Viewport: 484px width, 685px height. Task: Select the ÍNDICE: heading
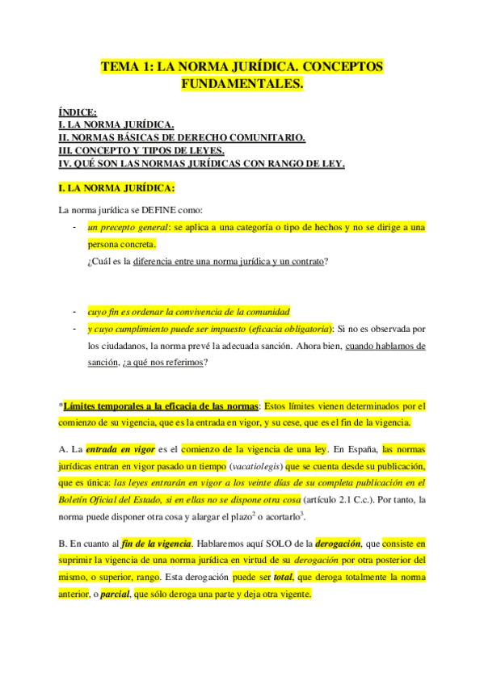click(78, 112)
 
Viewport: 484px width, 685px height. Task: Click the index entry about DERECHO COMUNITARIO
click(182, 137)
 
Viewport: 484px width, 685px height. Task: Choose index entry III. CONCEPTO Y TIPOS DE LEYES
click(141, 150)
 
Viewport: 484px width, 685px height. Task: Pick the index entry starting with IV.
click(202, 163)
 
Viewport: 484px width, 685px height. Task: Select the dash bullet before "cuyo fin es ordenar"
click(74, 311)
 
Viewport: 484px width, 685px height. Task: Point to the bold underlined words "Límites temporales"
click(106, 406)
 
